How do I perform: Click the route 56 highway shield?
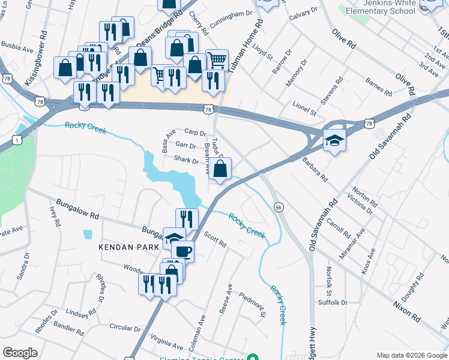coord(279,206)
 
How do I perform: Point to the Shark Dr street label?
coord(186,160)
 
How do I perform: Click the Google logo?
coord(20,352)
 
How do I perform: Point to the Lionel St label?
coord(304,109)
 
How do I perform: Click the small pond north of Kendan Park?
coord(88,234)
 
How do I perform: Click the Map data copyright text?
coord(412,355)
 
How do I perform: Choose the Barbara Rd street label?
coord(315,170)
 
